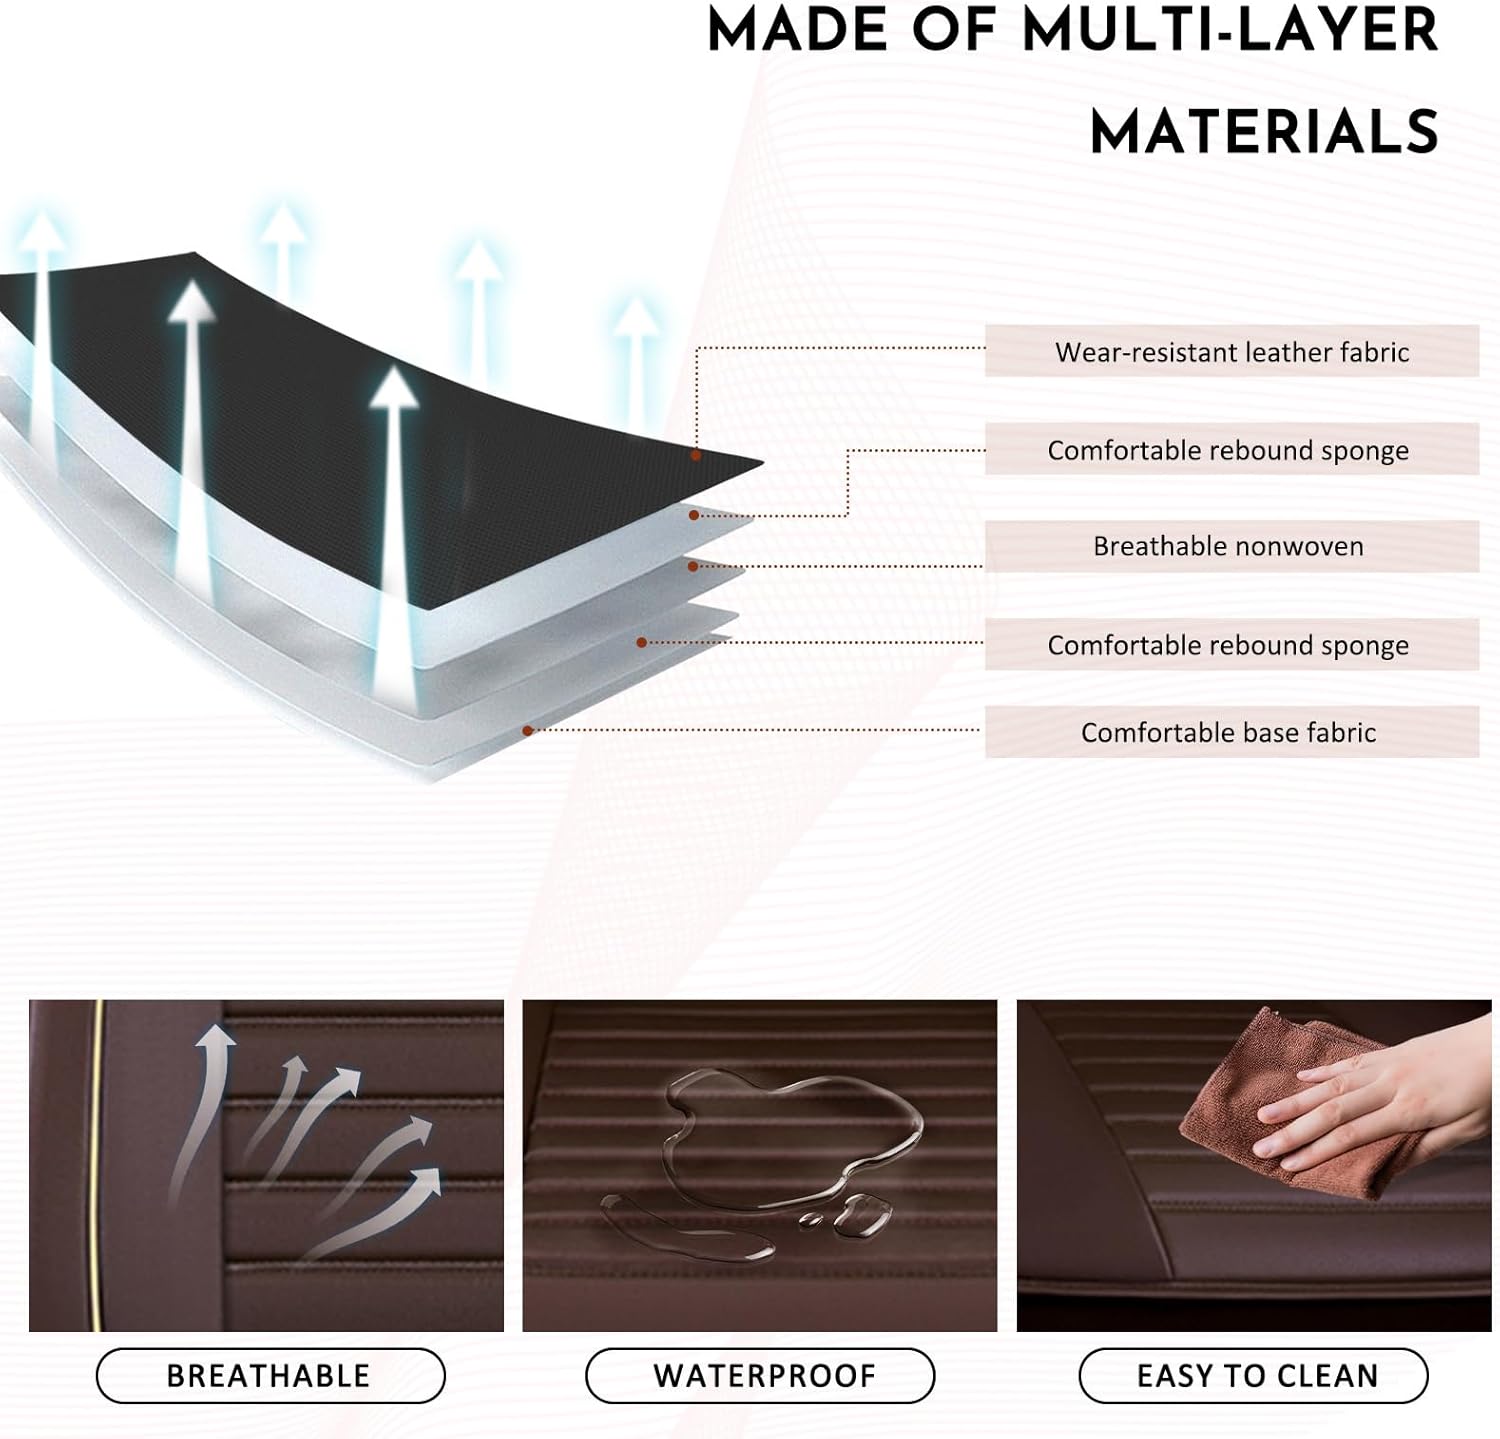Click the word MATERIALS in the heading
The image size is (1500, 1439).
coord(1264,132)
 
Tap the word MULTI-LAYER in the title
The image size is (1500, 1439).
coord(1230,30)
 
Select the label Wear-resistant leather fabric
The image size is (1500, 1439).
coord(1231,352)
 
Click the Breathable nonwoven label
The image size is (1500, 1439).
coord(1228,546)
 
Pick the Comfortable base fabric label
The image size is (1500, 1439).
coord(1228,733)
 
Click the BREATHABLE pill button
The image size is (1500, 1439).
coord(269,1376)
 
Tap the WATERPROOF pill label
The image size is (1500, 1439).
coord(764,1376)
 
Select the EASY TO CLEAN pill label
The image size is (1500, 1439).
coord(1257,1376)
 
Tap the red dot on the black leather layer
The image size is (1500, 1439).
coord(696,456)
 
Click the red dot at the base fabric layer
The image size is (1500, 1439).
coord(527,731)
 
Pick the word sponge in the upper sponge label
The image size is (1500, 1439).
coord(1365,452)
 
